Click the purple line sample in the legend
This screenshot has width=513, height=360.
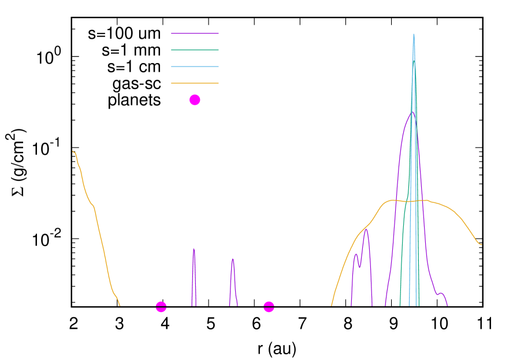pyautogui.click(x=195, y=34)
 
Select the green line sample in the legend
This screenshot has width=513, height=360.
pyautogui.click(x=195, y=50)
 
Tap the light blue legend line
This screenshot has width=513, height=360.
pyautogui.click(x=195, y=67)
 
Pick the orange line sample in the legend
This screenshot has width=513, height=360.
pyautogui.click(x=195, y=83)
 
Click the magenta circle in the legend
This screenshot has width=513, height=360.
pyautogui.click(x=195, y=100)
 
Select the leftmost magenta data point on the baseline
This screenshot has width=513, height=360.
pyautogui.click(x=161, y=307)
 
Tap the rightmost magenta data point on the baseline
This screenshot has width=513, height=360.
pyautogui.click(x=269, y=307)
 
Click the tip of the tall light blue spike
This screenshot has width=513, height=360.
pyautogui.click(x=414, y=34)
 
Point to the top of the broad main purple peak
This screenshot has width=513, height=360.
pyautogui.click(x=412, y=112)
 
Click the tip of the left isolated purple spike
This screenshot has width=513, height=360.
pyautogui.click(x=194, y=248)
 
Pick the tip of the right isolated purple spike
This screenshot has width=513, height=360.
pyautogui.click(x=233, y=258)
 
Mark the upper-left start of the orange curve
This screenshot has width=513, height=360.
pyautogui.click(x=73, y=151)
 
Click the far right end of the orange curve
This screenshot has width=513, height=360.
pyautogui.click(x=481, y=244)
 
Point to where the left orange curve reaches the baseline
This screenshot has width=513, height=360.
pyautogui.click(x=120, y=305)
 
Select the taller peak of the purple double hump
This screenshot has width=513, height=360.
pyautogui.click(x=366, y=229)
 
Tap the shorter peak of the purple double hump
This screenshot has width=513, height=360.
pyautogui.click(x=356, y=254)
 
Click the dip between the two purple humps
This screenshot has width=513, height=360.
pyautogui.click(x=360, y=267)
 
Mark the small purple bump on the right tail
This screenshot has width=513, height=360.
pyautogui.click(x=441, y=293)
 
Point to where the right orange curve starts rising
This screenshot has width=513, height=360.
pyautogui.click(x=332, y=305)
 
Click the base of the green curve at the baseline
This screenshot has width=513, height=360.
pyautogui.click(x=400, y=305)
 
